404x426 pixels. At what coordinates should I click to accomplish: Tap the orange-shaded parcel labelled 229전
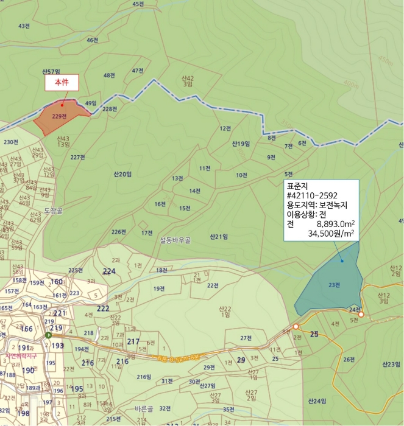60,117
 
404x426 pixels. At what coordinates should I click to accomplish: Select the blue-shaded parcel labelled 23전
332,284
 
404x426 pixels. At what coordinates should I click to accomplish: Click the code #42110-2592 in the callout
312,196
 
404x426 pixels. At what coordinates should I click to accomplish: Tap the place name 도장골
54,210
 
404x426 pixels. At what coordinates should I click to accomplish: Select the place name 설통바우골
175,240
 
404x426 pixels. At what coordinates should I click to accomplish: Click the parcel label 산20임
122,174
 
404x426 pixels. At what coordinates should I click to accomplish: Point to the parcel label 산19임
241,144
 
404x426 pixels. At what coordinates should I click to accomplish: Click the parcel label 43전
24,26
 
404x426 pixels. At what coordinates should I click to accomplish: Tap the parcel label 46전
93,40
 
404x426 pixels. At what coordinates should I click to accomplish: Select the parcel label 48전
110,75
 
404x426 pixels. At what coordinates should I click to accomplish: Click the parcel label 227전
77,157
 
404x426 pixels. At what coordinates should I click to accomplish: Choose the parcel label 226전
118,232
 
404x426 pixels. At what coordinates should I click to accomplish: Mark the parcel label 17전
146,232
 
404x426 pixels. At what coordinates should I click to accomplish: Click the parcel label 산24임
317,401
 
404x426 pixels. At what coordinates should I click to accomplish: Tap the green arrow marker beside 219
48,335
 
